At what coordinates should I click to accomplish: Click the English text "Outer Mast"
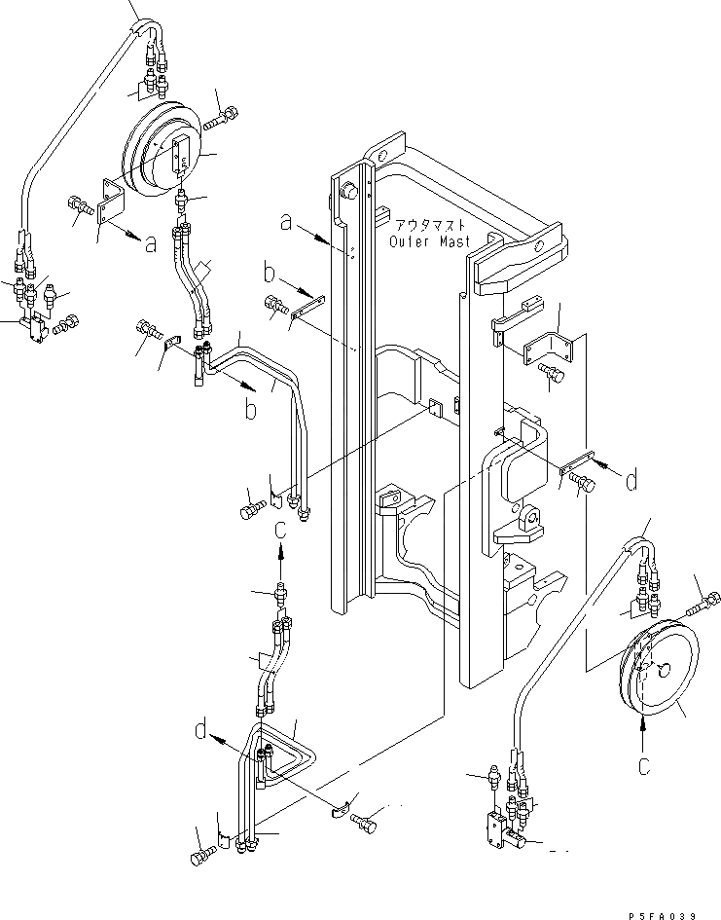429,241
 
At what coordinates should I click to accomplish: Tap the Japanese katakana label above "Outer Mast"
428,225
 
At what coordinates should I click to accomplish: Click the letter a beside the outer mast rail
285,223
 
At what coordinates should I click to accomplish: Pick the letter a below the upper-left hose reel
151,244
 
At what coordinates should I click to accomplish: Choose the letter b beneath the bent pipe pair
250,410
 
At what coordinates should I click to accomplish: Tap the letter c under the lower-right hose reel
643,764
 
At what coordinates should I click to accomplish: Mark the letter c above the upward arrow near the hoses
280,530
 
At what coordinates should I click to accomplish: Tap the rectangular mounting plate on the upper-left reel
178,157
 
